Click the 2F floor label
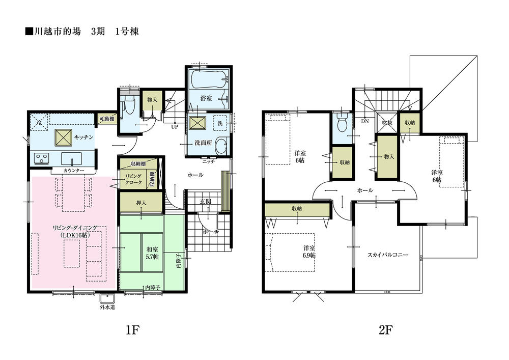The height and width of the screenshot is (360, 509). click(x=385, y=330)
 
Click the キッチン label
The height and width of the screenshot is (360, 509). click(x=83, y=137)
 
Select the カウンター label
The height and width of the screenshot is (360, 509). click(x=64, y=170)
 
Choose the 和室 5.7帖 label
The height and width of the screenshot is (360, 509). click(x=152, y=253)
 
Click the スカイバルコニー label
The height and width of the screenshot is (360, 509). click(x=387, y=254)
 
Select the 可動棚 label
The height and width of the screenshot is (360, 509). click(x=106, y=119)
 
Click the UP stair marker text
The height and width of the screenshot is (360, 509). click(x=175, y=126)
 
